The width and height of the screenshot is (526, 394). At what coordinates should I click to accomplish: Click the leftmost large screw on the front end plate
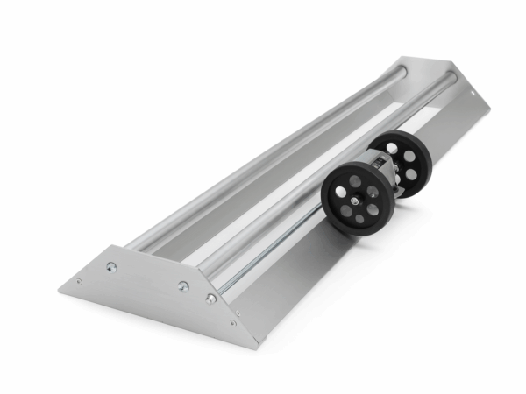(110, 266)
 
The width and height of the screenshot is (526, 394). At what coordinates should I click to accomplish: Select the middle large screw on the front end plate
(182, 285)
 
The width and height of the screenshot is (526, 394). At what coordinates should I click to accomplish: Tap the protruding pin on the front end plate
(211, 299)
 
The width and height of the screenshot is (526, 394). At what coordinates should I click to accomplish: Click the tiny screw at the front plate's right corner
(232, 323)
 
